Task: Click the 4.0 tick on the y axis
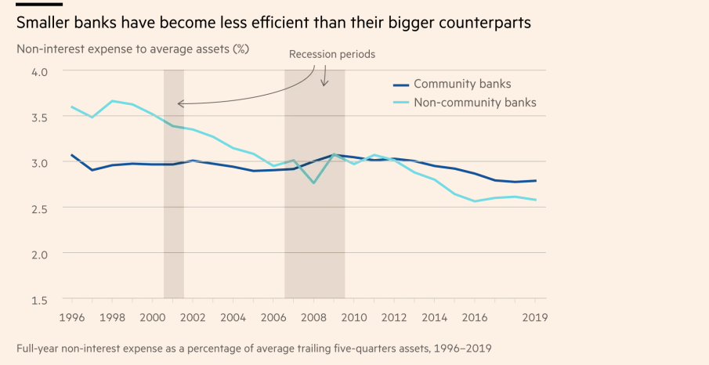[39, 71]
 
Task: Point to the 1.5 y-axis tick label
[39, 300]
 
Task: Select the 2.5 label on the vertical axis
[39, 208]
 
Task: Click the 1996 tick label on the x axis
[73, 317]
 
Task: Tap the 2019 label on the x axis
[535, 317]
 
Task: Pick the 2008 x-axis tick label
[314, 317]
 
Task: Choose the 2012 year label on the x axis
[395, 317]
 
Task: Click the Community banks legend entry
[462, 84]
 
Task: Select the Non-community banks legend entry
[475, 102]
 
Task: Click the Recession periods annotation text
[332, 55]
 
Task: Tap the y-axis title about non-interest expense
[132, 49]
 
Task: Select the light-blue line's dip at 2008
[314, 182]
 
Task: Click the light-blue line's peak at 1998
[113, 101]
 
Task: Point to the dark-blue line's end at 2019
[535, 181]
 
